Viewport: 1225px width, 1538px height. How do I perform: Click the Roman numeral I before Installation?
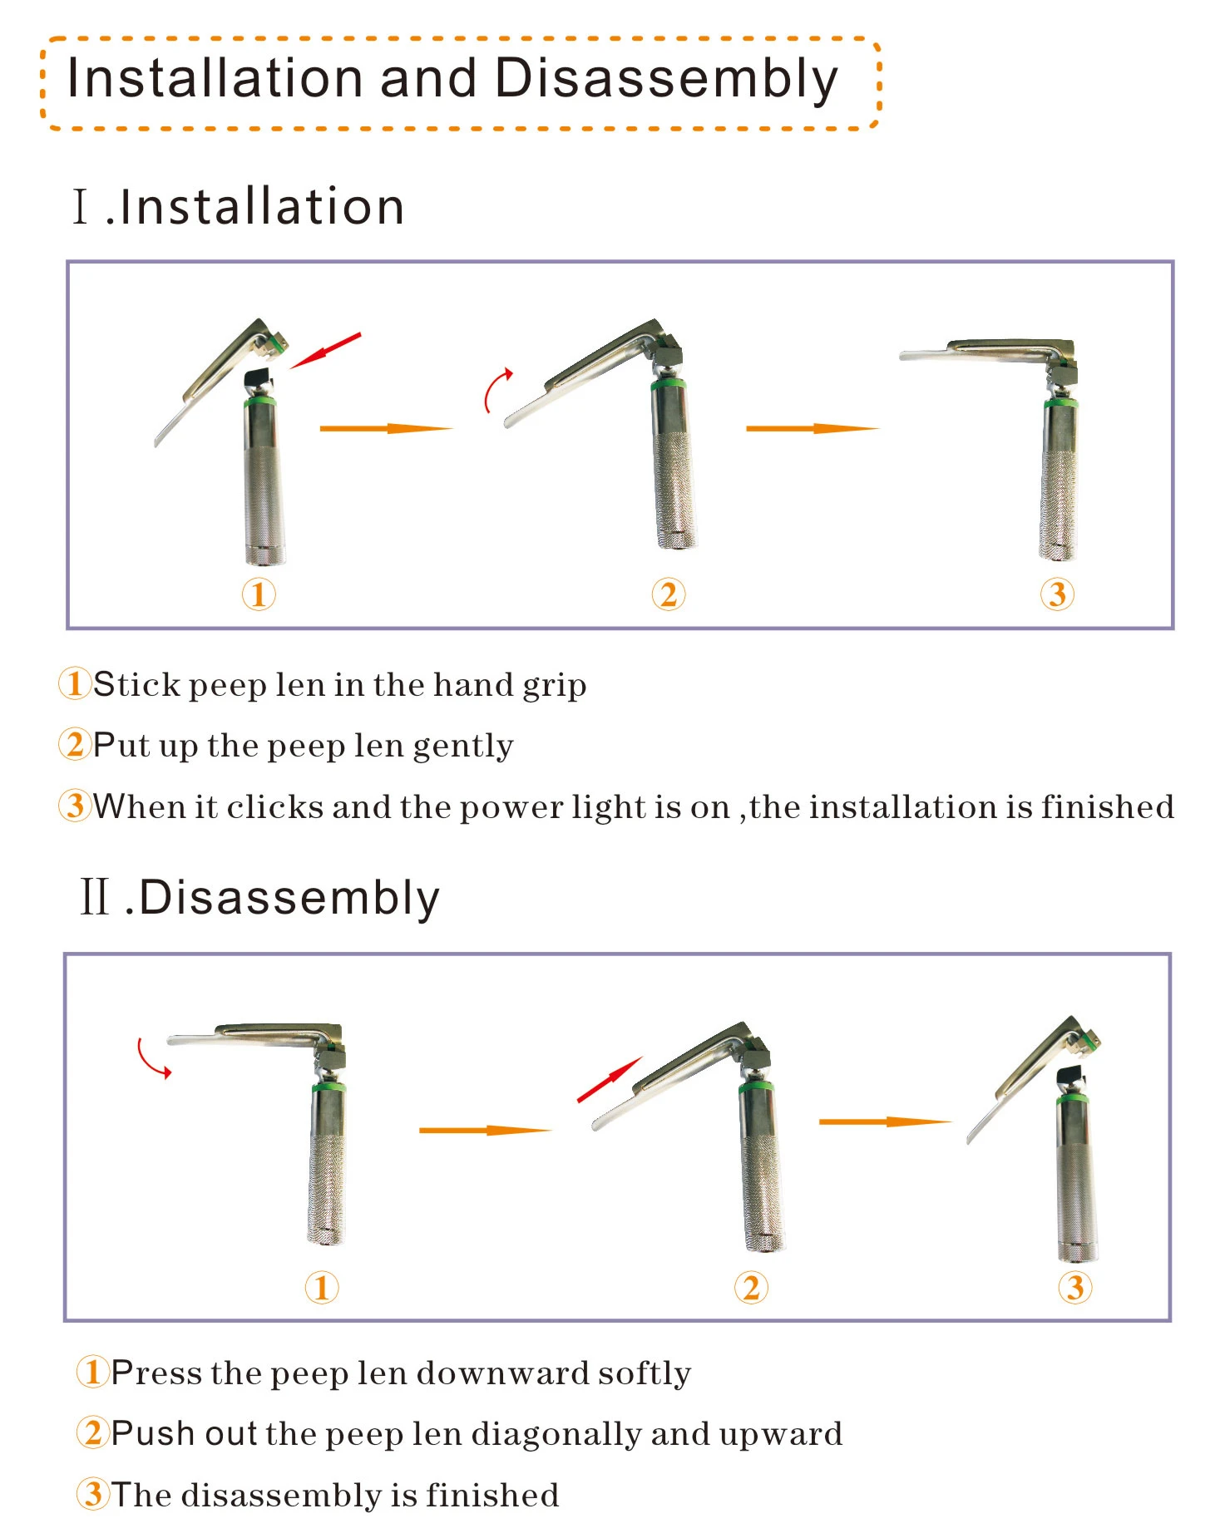click(x=81, y=206)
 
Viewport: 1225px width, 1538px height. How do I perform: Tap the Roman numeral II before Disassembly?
click(x=95, y=897)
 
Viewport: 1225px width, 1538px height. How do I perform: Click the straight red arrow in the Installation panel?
click(x=325, y=351)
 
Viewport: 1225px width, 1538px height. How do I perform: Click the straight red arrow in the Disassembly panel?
click(x=610, y=1079)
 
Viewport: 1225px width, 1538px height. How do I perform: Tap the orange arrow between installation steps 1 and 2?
click(x=386, y=428)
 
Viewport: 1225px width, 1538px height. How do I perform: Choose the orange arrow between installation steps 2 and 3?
click(x=813, y=428)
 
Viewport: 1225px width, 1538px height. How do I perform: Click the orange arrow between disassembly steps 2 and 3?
click(x=885, y=1121)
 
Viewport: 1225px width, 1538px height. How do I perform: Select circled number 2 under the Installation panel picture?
click(x=669, y=594)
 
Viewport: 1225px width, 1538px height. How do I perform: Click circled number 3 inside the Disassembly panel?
click(x=1074, y=1287)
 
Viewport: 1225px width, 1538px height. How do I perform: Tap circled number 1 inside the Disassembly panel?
click(x=322, y=1287)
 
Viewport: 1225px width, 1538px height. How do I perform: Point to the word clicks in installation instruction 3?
click(x=274, y=806)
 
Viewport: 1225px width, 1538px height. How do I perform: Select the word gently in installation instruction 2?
click(x=463, y=747)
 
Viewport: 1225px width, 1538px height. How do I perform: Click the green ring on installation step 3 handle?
click(x=1060, y=402)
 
